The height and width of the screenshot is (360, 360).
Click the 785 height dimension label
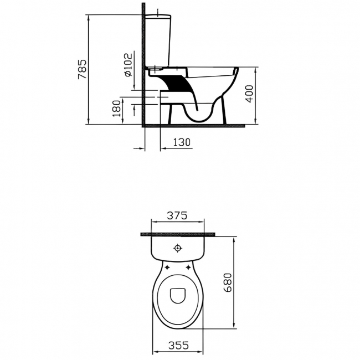[x=82, y=69]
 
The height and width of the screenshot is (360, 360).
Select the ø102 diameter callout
[x=128, y=65]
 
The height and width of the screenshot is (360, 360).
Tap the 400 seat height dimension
[x=249, y=94]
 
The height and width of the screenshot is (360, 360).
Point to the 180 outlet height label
[x=117, y=109]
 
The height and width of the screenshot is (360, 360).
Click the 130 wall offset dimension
[x=182, y=142]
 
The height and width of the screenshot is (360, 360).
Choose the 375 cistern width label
[x=177, y=215]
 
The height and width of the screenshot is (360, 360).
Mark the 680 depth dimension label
[x=228, y=282]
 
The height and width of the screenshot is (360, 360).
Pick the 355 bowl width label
[x=179, y=345]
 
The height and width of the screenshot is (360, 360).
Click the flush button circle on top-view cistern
[x=178, y=248]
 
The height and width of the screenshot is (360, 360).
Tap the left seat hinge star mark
[x=167, y=267]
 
